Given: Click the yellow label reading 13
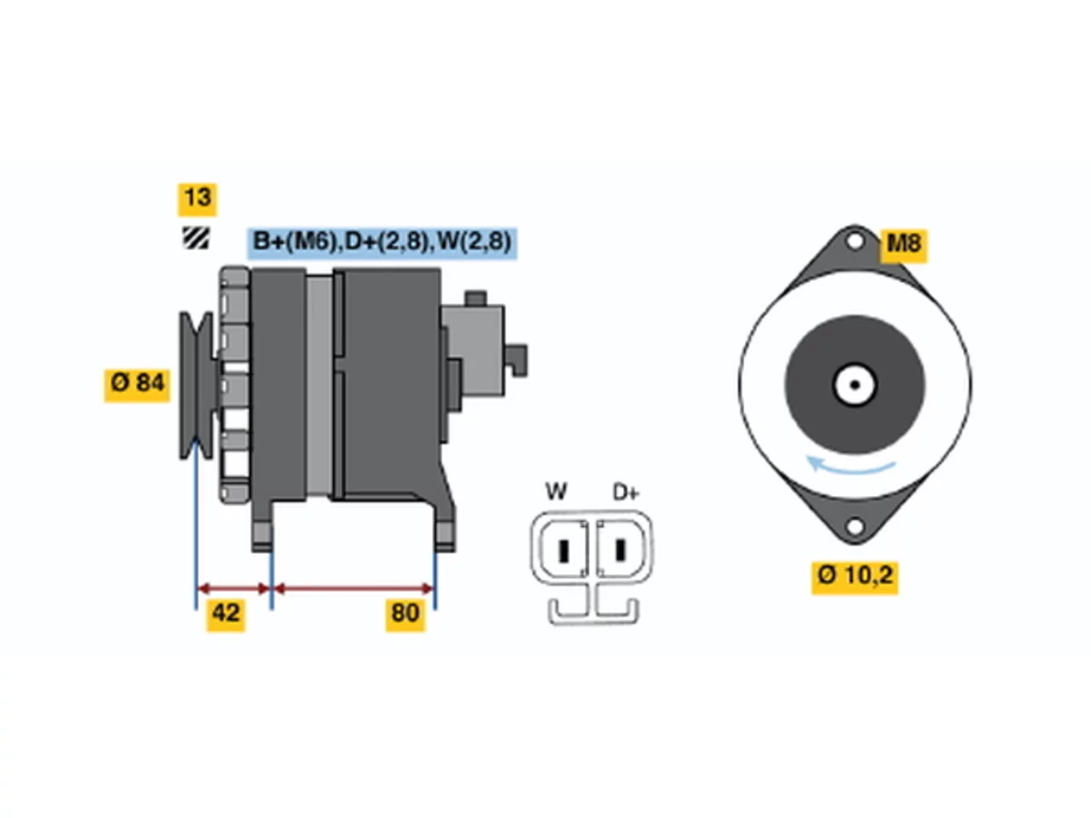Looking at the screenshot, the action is pos(197,199).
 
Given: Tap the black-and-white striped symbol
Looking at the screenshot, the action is pos(195,238).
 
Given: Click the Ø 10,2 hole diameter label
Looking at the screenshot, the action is pos(854,577).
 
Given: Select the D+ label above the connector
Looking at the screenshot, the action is pos(626,493).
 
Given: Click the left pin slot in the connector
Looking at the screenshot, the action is pos(563,550).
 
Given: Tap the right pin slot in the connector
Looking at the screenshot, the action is pos(620,550).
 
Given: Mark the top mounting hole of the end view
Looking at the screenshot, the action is pos(854,242).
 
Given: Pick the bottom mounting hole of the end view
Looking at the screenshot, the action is pos(854,527).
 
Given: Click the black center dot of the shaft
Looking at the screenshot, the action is pos(854,385).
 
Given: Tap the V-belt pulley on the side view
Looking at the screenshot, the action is pos(196,385).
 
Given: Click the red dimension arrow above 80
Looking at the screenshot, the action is pos(353,589).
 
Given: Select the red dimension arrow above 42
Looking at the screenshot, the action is pos(234,589).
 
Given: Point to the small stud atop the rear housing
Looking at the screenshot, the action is pos(475,298).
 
